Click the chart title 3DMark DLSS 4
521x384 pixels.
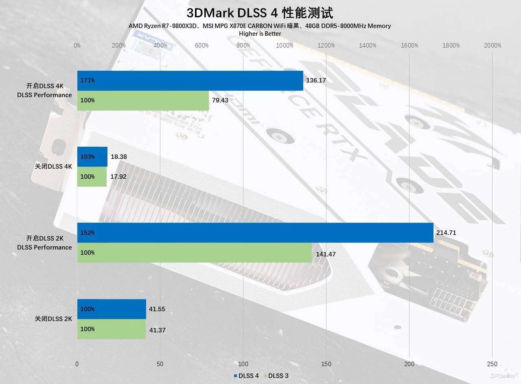[260, 13]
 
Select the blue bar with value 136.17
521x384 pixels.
[190, 80]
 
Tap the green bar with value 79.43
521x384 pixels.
[143, 100]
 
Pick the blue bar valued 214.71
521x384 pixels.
[255, 232]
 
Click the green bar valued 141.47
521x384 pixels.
[194, 252]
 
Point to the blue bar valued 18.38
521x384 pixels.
[92, 156]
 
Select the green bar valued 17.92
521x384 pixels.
[92, 176]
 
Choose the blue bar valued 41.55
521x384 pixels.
[112, 309]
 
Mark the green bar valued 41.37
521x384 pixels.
[112, 329]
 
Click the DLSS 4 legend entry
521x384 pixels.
[246, 375]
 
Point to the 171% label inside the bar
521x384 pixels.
[88, 80]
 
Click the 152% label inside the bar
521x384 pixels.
[88, 232]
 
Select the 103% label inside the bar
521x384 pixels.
[88, 156]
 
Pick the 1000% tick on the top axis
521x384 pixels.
[285, 46]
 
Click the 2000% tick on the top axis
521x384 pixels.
[493, 46]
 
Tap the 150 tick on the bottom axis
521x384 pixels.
[326, 364]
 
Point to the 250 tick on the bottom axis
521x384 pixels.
[493, 364]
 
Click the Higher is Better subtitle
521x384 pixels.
[260, 34]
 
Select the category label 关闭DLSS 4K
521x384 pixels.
[53, 166]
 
